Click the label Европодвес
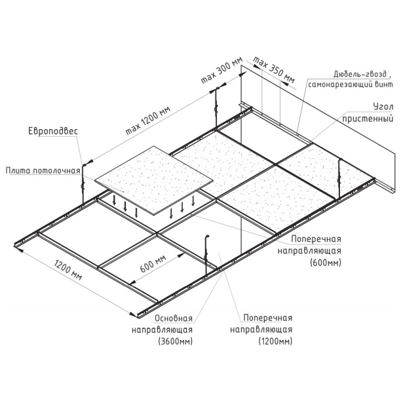tap(52, 132)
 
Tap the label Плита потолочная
tap(43, 170)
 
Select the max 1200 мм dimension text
tap(148, 120)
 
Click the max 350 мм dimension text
tap(274, 69)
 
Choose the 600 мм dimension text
tap(153, 263)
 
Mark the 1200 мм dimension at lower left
tap(68, 269)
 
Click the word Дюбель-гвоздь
tap(362, 74)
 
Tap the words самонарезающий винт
tap(351, 85)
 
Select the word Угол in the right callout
tap(383, 107)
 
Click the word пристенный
tap(368, 119)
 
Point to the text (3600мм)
tap(176, 341)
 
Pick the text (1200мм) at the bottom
tap(275, 341)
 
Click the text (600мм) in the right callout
tap(325, 263)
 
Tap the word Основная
tap(174, 318)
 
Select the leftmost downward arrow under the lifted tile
tap(114, 200)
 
